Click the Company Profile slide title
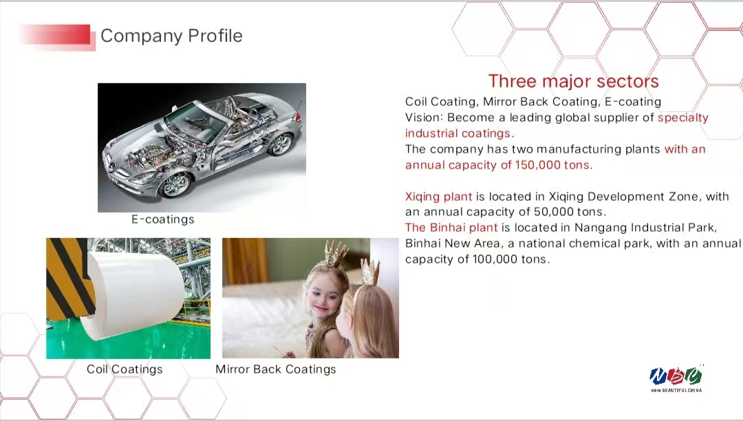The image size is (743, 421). tap(171, 36)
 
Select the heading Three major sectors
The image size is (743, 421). tap(573, 81)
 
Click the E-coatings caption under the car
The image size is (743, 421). tap(162, 219)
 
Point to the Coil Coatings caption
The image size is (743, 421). tap(125, 369)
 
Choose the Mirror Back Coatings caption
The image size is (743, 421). tap(276, 369)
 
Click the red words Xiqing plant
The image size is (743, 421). tap(438, 197)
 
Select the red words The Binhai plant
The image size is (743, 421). tap(451, 228)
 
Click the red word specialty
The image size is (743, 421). tap(683, 118)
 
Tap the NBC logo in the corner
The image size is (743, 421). tap(676, 378)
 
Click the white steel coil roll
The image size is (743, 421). tap(133, 294)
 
